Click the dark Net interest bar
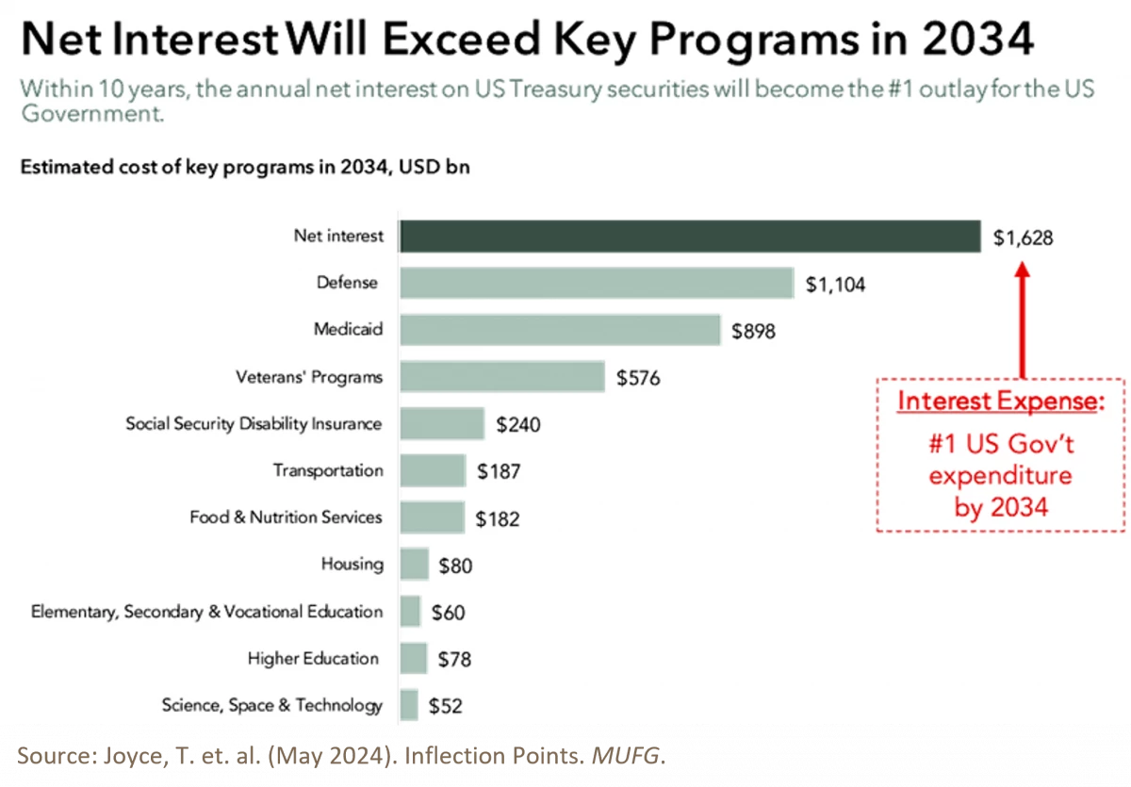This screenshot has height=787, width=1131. click(x=690, y=237)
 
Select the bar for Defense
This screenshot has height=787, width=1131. click(x=596, y=283)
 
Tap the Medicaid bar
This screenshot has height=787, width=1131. click(x=560, y=330)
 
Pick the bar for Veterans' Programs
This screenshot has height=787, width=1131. click(x=501, y=377)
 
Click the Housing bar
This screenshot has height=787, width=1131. click(x=414, y=565)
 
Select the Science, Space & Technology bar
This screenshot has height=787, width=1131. click(x=408, y=705)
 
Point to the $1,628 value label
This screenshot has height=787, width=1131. click(x=1023, y=238)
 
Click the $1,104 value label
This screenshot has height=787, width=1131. click(x=835, y=285)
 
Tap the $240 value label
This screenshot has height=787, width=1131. click(x=518, y=425)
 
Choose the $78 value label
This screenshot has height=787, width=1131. click(x=454, y=660)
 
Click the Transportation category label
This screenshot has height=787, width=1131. click(x=328, y=470)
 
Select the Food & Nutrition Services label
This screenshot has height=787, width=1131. click(x=286, y=517)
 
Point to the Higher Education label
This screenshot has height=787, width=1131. click(x=313, y=658)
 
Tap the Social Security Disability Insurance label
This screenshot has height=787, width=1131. click(x=254, y=423)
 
